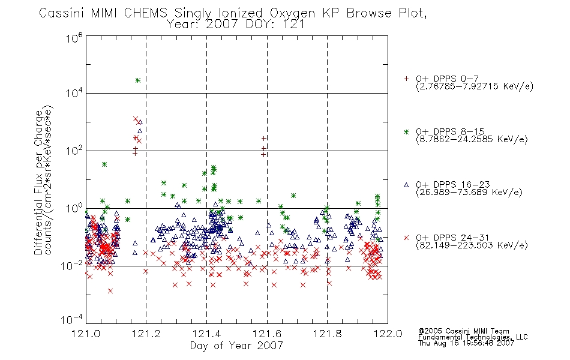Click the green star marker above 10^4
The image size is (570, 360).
pos(138,80)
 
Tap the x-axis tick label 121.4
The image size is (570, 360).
pos(206,334)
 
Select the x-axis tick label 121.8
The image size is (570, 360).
pos(327,334)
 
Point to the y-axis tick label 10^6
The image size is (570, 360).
pos(74,38)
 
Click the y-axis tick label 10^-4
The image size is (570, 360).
pos(72,319)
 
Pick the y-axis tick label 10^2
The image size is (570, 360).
pos(74,150)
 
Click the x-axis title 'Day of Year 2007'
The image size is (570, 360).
pos(236,346)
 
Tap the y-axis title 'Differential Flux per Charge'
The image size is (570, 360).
pos(38,182)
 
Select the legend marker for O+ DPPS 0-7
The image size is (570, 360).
pos(406,79)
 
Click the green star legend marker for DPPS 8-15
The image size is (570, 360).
pos(406,131)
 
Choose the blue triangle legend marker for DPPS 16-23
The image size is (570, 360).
pos(406,185)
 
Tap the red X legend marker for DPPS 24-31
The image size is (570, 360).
pos(406,238)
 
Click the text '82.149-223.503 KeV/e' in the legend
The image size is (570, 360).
pos(472,245)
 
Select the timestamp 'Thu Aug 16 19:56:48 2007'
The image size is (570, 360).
pos(466,343)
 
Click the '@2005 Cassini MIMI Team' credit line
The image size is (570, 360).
pos(464,331)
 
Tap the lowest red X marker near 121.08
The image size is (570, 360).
pos(110,291)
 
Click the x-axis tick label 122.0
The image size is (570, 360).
pos(388,334)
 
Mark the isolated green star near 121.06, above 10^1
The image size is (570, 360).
pos(104,164)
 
